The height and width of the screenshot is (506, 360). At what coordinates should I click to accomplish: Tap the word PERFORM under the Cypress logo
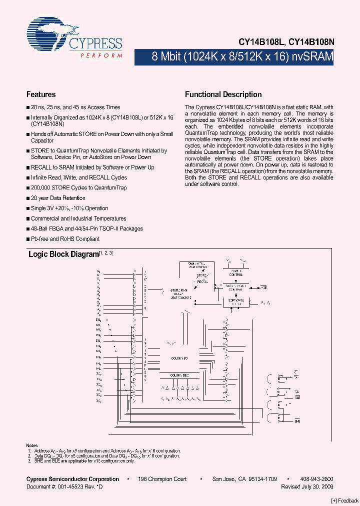(x=101, y=55)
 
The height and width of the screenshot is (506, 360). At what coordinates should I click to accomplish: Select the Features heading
(x=41, y=94)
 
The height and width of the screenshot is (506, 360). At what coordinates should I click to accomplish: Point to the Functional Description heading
(x=223, y=94)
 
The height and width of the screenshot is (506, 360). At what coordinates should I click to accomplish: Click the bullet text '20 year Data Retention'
(x=58, y=198)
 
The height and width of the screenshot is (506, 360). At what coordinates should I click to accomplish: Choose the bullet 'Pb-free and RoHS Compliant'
(x=65, y=239)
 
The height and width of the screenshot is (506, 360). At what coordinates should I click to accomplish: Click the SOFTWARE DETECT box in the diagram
(x=235, y=302)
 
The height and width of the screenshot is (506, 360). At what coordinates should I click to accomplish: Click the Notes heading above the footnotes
(x=31, y=445)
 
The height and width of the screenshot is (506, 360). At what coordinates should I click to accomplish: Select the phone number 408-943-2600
(x=318, y=479)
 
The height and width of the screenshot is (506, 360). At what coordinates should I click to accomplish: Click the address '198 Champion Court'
(x=162, y=479)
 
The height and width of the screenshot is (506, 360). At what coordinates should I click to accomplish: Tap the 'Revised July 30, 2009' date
(x=307, y=486)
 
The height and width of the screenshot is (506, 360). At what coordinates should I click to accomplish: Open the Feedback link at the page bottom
(x=345, y=501)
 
